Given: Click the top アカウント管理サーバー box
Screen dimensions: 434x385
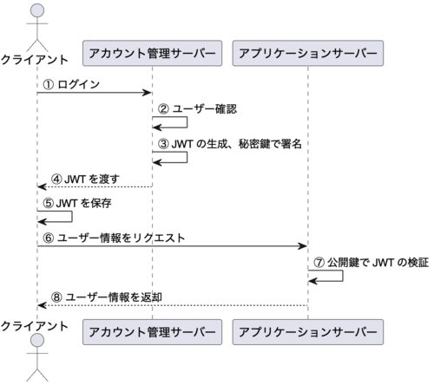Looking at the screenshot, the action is click(x=152, y=53).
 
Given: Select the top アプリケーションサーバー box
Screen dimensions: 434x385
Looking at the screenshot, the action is click(x=308, y=53).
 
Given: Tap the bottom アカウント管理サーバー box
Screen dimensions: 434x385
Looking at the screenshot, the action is click(x=152, y=332).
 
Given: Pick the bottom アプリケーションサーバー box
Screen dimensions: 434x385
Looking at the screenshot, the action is click(x=308, y=332).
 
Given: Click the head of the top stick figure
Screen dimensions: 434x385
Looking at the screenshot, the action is click(x=37, y=10).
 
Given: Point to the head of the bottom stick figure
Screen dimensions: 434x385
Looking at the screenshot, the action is click(x=37, y=340).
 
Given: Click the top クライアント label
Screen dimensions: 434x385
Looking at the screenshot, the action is click(x=34, y=60).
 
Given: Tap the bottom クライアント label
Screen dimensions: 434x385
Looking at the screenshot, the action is click(x=34, y=326).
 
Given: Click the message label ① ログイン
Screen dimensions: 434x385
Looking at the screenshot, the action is click(x=71, y=84).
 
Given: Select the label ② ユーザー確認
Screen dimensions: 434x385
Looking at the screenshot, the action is click(x=198, y=109).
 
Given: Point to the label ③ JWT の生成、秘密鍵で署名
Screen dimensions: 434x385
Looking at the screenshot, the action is click(x=230, y=144).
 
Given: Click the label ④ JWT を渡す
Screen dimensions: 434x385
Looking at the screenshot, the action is click(x=85, y=179).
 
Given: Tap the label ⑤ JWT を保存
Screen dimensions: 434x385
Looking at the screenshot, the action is click(x=77, y=203).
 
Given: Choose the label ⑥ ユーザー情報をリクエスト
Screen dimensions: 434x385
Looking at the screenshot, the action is click(x=114, y=238).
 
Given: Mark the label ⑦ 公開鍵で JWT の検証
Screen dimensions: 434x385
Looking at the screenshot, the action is click(x=372, y=263).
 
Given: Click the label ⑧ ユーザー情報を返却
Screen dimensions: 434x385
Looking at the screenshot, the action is click(x=107, y=297).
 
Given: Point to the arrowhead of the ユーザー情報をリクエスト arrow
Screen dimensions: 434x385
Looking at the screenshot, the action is click(x=302, y=246).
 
